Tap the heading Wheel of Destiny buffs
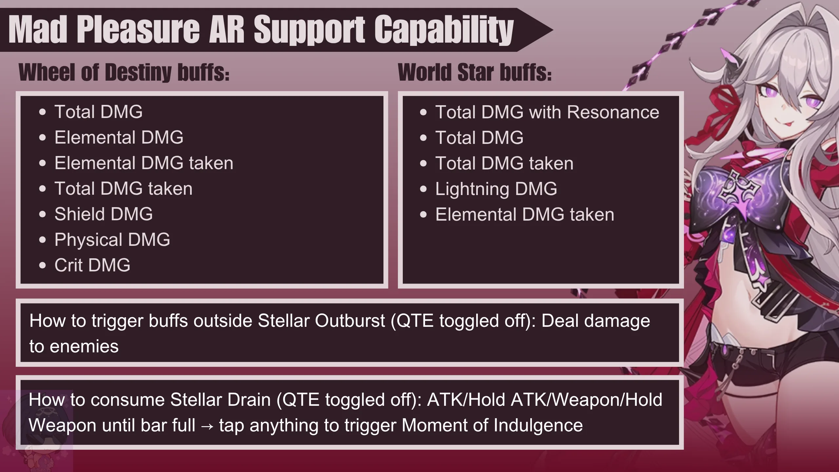124,72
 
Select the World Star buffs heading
475,72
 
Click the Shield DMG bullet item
104,214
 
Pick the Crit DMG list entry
92,265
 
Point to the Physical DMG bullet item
112,240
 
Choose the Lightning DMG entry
496,189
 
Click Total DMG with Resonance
547,112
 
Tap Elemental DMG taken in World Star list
525,215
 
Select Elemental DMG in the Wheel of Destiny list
119,137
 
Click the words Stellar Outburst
321,321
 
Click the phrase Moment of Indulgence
492,425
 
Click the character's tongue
794,125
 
